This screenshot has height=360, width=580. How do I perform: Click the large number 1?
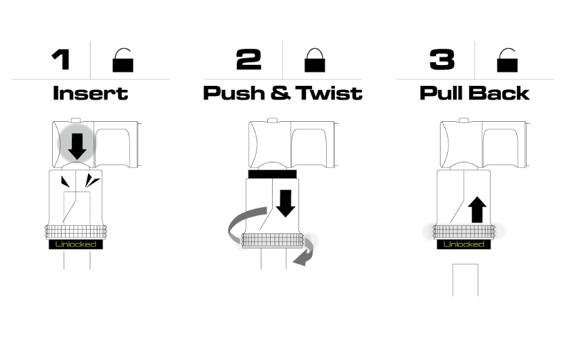62,60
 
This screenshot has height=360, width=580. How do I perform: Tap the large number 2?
248,60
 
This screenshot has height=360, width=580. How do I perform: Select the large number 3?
442,60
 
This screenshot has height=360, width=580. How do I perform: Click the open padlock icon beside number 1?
122,60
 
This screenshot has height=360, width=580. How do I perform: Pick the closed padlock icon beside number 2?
315,60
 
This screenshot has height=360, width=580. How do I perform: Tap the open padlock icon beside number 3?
507,60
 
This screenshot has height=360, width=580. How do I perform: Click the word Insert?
91,93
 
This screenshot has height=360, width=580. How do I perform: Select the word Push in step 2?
234,93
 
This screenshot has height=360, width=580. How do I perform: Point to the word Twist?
329,93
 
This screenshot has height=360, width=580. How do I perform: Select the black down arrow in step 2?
286,204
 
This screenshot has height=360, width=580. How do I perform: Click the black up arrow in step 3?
477,209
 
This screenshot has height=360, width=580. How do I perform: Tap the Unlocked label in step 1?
76,244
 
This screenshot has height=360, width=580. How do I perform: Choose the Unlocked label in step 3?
464,244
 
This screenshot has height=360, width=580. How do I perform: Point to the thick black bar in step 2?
273,175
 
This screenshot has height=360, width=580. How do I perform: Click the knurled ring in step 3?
464,232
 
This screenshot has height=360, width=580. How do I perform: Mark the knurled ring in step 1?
76,232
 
